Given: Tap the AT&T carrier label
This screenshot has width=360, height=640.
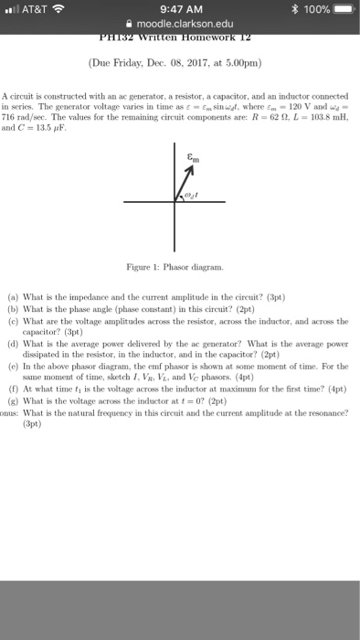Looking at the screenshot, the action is click(x=37, y=10).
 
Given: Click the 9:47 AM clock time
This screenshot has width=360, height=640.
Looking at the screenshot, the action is click(x=180, y=10).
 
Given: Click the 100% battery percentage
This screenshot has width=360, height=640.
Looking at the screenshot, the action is click(x=308, y=10).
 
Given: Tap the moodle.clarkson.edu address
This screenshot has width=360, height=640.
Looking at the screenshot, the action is click(x=185, y=27).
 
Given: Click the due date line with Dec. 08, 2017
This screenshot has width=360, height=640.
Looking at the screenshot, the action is click(x=180, y=65).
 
